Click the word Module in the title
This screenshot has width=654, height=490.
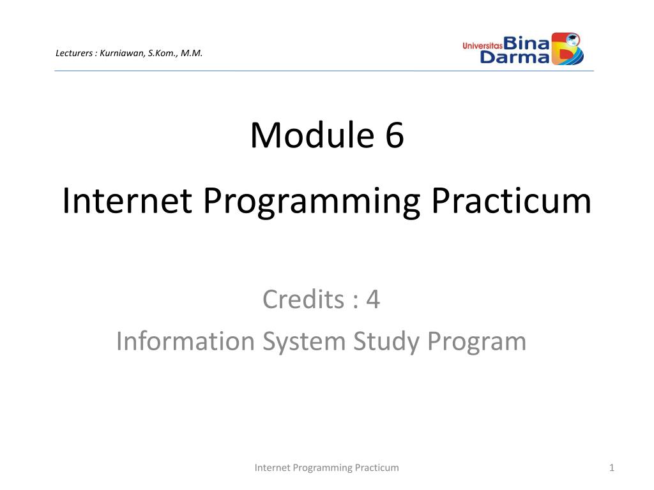click(x=312, y=135)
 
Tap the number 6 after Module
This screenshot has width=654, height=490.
click(x=394, y=135)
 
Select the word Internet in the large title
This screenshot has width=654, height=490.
click(x=127, y=201)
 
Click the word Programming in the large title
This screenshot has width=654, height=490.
click(x=311, y=202)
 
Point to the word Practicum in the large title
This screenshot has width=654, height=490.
click(x=511, y=201)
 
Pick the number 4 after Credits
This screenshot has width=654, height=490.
click(x=373, y=300)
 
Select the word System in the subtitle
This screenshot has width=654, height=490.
click(x=303, y=343)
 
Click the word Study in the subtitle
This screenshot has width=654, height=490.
click(x=386, y=343)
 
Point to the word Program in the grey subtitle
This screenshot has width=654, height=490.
click(x=476, y=343)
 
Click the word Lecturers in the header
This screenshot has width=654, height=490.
click(x=74, y=53)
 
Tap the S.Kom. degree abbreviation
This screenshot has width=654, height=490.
click(x=163, y=53)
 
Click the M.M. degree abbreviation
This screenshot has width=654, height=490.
click(x=192, y=53)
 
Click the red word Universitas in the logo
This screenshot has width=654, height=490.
click(x=483, y=45)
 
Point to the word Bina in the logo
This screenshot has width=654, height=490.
click(x=526, y=43)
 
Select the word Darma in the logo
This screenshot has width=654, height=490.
click(x=515, y=57)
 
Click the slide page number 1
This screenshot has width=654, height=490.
click(x=611, y=468)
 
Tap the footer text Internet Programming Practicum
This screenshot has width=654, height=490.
click(x=326, y=468)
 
